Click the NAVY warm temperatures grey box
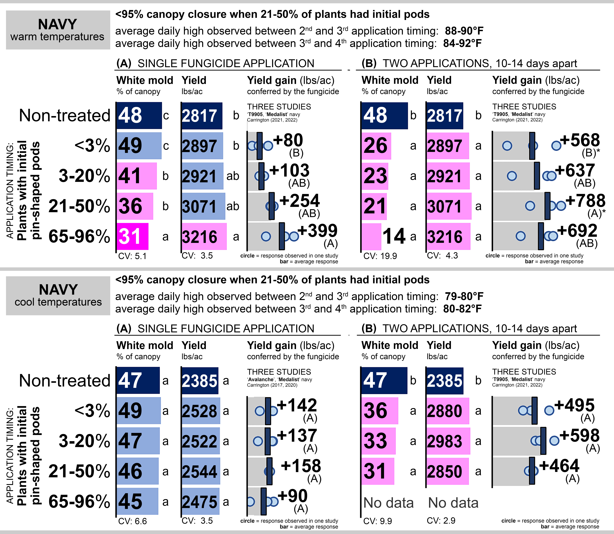[x=58, y=30]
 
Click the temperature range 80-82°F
[x=462, y=309]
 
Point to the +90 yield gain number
[x=292, y=496]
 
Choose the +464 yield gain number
[x=559, y=466]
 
